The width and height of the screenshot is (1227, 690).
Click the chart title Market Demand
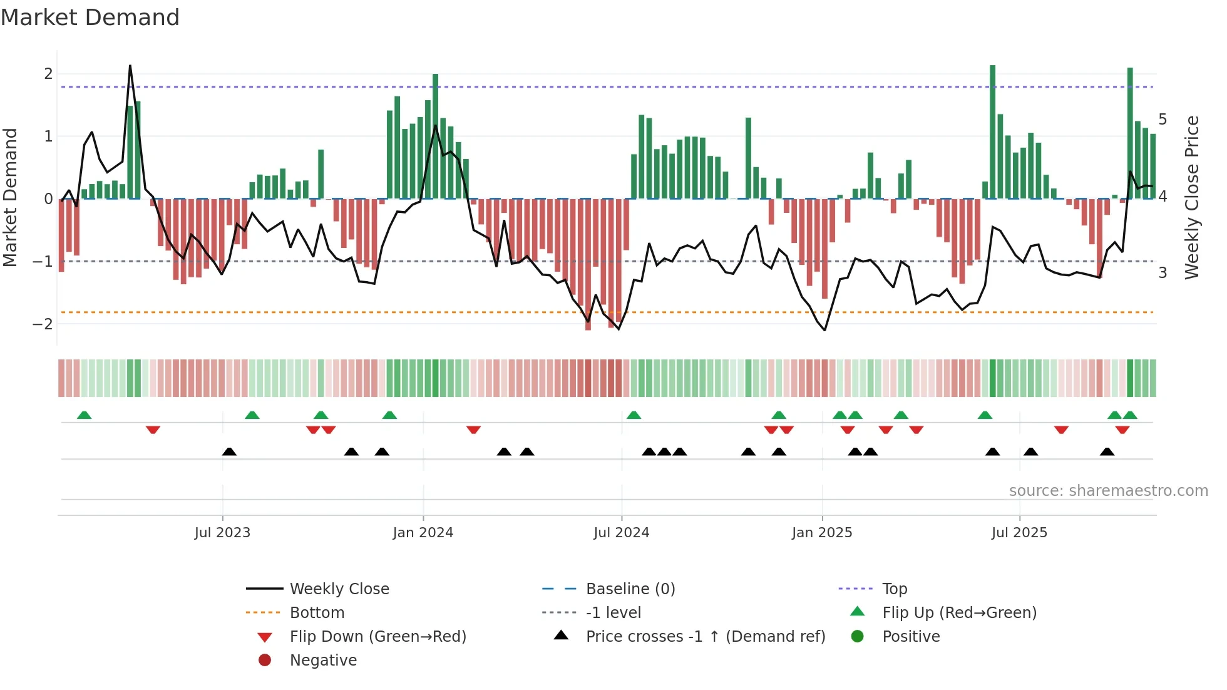point(90,18)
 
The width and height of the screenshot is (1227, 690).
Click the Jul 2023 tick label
point(222,533)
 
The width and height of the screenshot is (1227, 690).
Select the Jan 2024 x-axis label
point(423,533)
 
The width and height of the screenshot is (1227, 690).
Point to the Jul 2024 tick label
point(621,533)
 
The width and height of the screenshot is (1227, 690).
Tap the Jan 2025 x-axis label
point(821,533)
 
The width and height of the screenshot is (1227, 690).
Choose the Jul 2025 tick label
point(1019,533)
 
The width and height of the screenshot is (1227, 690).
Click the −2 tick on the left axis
point(43,324)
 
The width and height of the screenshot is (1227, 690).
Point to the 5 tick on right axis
point(1163,120)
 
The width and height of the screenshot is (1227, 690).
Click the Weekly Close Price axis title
point(1192,197)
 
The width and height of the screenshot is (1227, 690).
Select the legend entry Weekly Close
point(339,589)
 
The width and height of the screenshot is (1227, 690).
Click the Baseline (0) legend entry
point(630,589)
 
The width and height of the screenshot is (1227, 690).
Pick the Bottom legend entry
point(317,613)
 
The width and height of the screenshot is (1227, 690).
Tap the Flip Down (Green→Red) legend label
point(377,637)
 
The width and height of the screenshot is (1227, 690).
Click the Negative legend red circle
point(265,661)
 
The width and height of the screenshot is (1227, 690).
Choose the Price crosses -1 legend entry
point(705,637)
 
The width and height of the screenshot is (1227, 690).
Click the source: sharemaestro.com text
point(1108,491)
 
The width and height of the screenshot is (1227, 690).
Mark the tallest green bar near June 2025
point(992,131)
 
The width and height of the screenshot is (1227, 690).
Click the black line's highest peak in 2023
point(130,66)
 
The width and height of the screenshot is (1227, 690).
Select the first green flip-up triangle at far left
point(84,415)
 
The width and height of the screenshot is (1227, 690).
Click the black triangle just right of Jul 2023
point(229,451)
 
